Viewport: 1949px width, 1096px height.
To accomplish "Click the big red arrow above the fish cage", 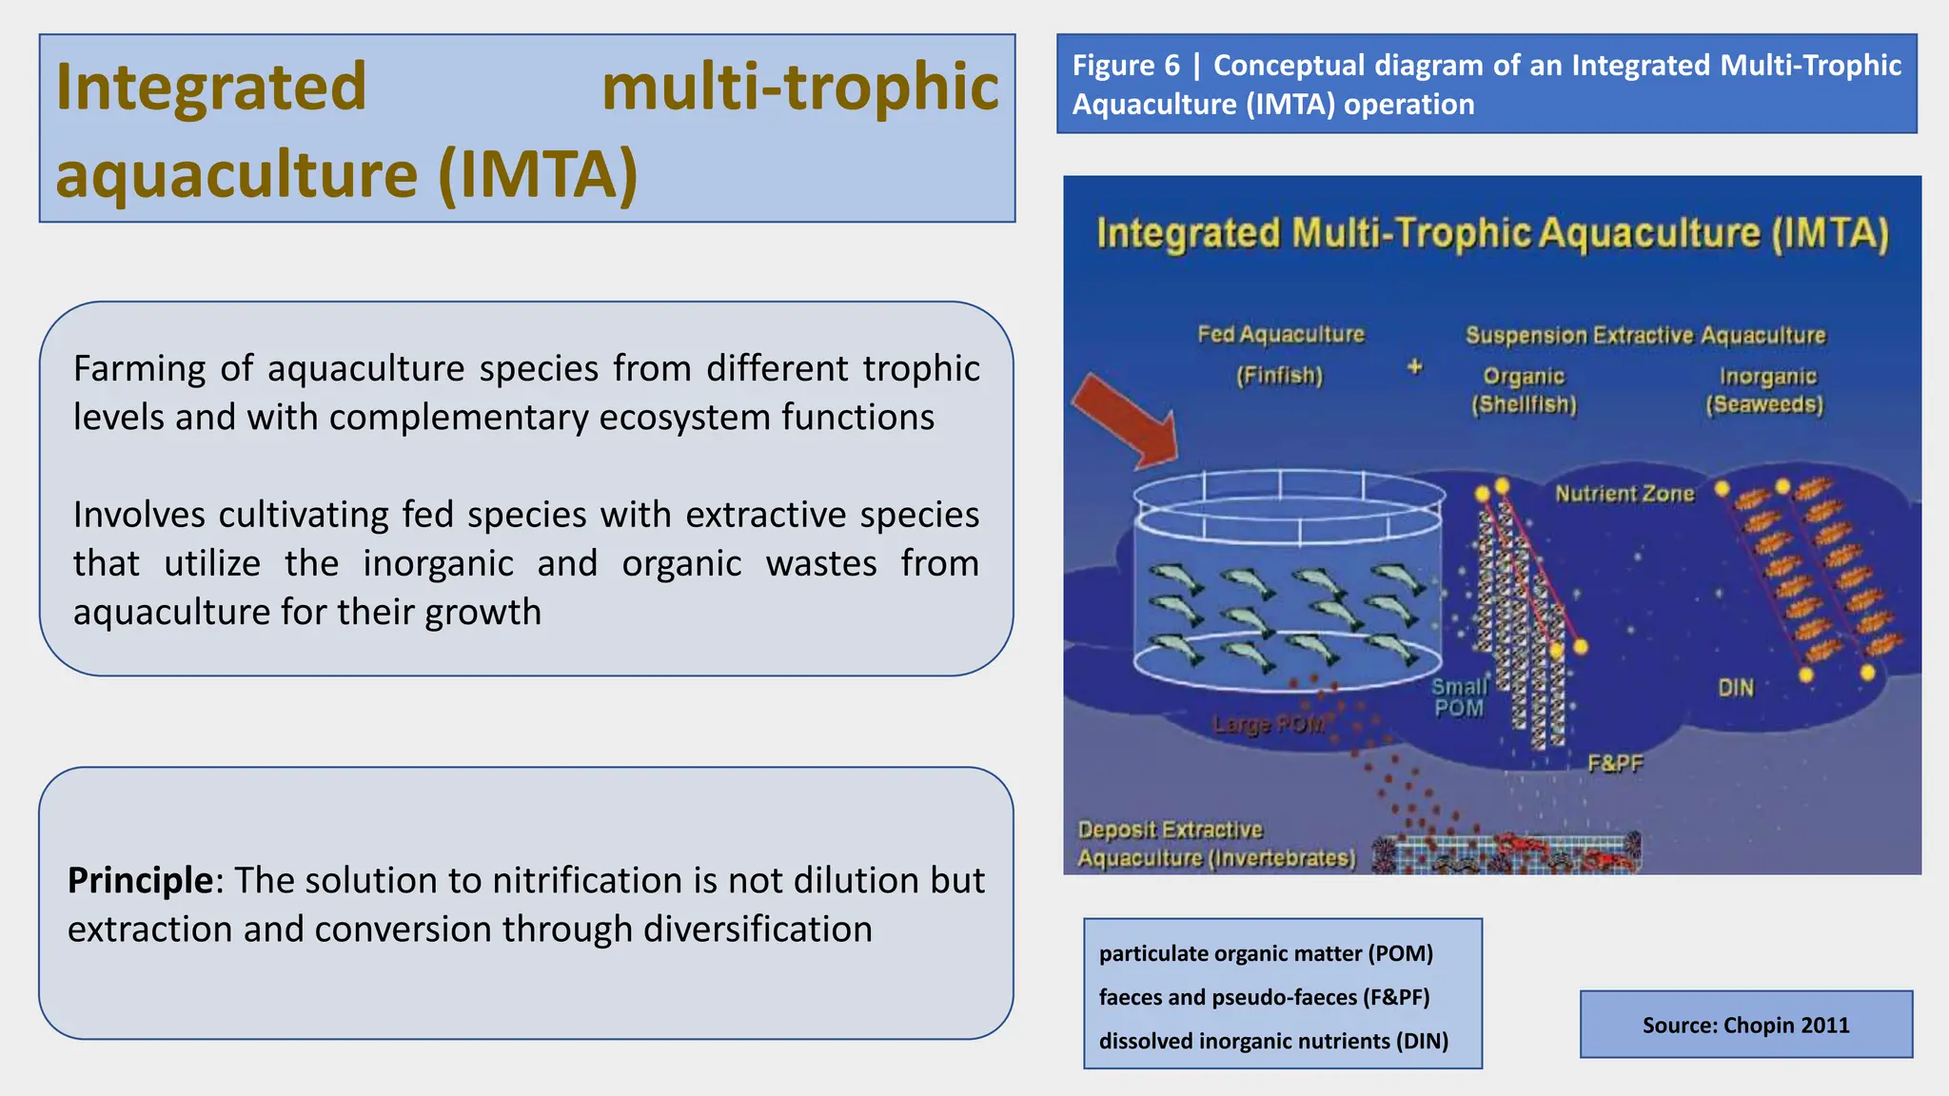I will pos(1128,420).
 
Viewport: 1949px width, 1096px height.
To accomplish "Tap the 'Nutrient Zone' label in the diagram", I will pos(1624,494).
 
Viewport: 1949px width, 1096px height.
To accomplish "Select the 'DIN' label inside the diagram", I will pos(1736,688).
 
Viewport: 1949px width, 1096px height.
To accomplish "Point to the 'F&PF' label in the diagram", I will pos(1615,763).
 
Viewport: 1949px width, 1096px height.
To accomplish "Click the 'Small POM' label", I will pos(1459,697).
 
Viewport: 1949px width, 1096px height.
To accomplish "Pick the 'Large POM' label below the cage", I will pos(1269,725).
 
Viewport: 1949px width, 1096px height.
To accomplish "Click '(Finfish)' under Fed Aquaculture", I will pos(1279,376).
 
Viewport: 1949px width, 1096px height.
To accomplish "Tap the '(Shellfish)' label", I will pos(1524,405).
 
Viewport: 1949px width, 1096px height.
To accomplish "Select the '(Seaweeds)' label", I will pos(1764,405).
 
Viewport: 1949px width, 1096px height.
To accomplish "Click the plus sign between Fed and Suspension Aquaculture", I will pos(1415,366).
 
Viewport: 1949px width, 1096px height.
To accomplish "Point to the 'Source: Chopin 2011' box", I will pos(1745,1025).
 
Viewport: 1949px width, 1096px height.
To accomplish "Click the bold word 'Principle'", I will pos(140,880).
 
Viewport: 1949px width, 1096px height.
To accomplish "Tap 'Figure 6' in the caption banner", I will pos(1125,66).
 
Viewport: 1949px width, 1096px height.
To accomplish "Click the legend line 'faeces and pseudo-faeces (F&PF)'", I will pos(1264,997).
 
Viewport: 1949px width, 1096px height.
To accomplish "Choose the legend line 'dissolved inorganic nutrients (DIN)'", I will pos(1273,1041).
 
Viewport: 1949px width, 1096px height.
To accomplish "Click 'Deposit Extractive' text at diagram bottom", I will pos(1170,830).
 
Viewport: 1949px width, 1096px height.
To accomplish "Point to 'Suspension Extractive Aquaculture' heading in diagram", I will pos(1645,336).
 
